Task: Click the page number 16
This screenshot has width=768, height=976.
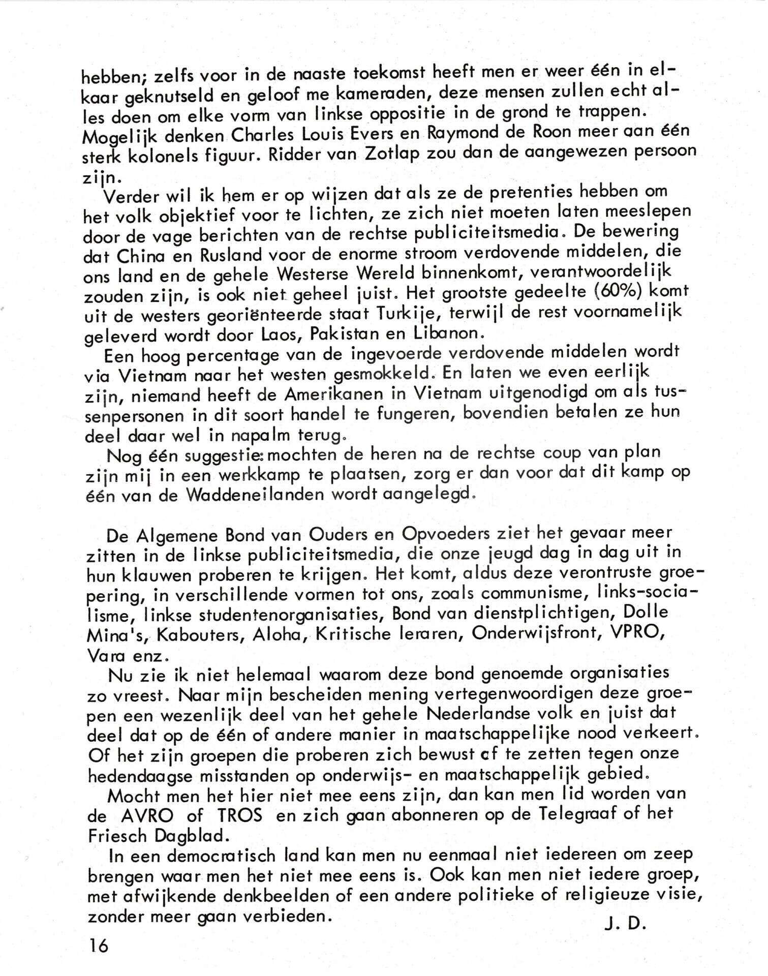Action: coord(99,945)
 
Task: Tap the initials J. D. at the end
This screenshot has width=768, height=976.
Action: coord(625,924)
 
